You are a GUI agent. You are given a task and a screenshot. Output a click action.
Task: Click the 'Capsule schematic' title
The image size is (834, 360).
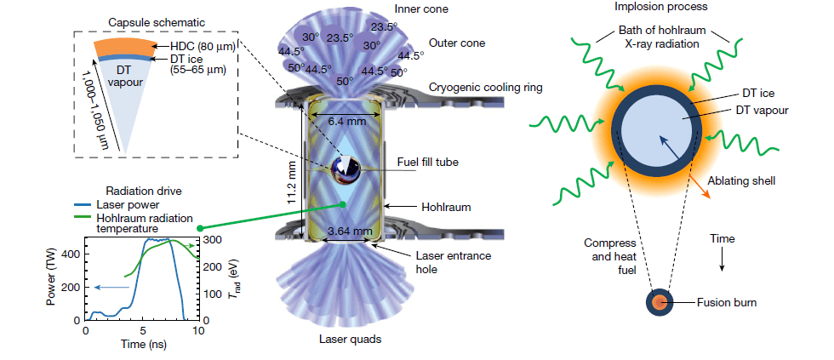click(150, 20)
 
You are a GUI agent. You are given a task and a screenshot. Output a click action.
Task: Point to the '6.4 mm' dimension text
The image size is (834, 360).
click(346, 121)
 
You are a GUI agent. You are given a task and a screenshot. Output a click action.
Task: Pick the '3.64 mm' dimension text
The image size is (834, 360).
click(350, 230)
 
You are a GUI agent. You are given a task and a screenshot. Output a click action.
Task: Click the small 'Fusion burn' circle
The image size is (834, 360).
click(659, 301)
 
